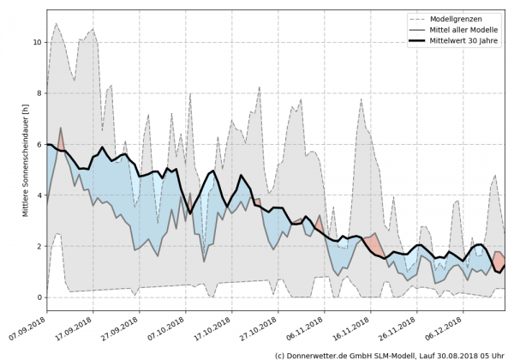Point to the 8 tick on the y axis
click(38, 93)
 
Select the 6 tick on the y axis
click(38, 144)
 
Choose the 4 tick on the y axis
click(38, 195)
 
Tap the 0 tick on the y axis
click(38, 297)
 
